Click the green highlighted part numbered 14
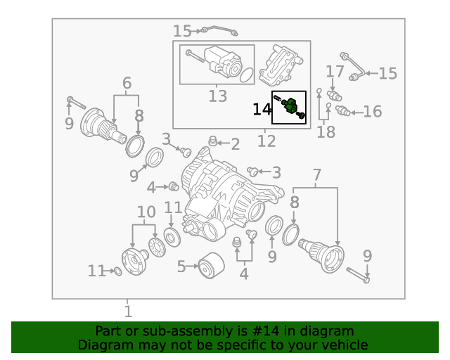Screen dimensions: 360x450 (290, 106)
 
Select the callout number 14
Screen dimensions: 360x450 (262, 109)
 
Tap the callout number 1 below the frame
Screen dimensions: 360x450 (128, 311)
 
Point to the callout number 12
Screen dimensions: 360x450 (266, 141)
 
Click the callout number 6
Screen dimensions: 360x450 (127, 83)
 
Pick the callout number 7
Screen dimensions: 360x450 (317, 174)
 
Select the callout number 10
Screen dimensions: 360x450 (146, 212)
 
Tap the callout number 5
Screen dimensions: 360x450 (181, 266)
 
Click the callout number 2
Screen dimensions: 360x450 (235, 145)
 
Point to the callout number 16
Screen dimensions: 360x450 (373, 111)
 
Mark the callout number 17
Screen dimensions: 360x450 (335, 72)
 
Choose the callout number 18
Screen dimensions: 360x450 (326, 131)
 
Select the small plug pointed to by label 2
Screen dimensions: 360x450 (214, 143)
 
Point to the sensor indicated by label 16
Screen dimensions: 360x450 (345, 112)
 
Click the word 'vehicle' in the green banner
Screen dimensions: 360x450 (343, 345)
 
